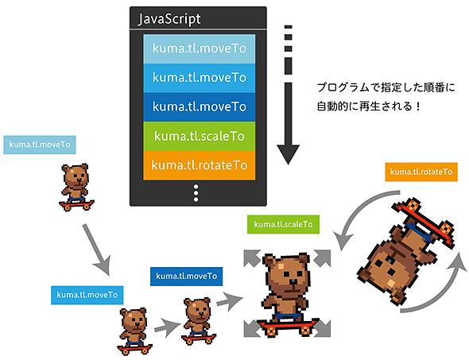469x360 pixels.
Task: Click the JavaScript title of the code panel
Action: [169, 19]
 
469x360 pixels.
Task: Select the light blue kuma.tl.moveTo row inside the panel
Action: [198, 48]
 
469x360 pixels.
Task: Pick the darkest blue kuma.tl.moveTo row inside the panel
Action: [198, 106]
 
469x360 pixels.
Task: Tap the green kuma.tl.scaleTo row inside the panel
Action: [198, 135]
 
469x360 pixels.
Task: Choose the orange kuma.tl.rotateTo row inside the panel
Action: [198, 165]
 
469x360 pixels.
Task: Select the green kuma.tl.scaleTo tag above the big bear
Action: [282, 225]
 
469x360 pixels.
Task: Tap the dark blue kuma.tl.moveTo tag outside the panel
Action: [186, 276]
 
